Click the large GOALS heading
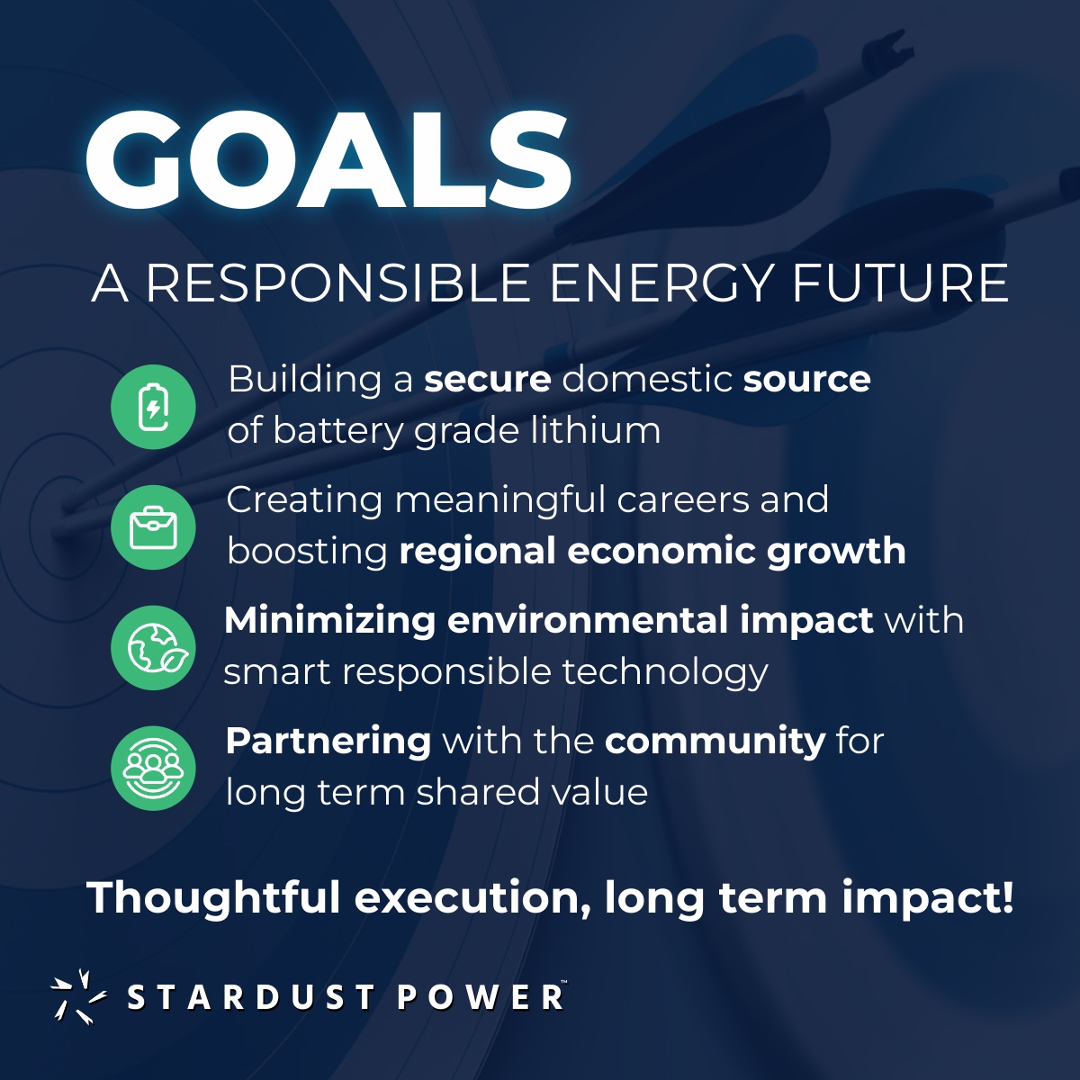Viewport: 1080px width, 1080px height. coord(328,160)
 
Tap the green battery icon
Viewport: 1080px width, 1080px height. coord(153,407)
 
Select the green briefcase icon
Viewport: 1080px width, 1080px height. coord(153,527)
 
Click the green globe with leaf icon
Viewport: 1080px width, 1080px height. coord(153,648)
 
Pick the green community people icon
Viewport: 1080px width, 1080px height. coord(153,769)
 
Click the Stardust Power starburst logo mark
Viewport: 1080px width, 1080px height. coord(77,996)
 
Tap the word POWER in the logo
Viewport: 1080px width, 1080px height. coord(481,997)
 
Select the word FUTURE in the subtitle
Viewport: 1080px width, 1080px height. coord(900,283)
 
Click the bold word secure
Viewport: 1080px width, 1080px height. coord(487,379)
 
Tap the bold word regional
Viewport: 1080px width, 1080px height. coord(477,552)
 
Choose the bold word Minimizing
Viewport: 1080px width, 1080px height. coord(329,620)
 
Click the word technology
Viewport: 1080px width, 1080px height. coord(665,672)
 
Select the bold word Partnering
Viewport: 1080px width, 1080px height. coord(328,741)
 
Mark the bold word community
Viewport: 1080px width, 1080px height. coord(715,741)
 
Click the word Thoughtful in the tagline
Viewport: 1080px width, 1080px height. coord(213,897)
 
